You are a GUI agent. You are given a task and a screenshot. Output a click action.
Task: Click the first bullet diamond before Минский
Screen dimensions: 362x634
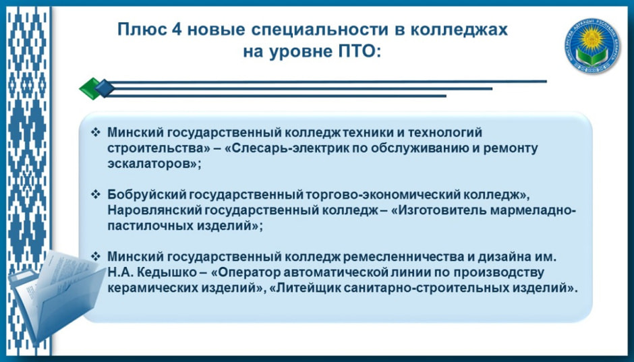point(95,132)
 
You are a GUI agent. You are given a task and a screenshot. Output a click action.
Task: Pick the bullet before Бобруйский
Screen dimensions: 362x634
point(95,194)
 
